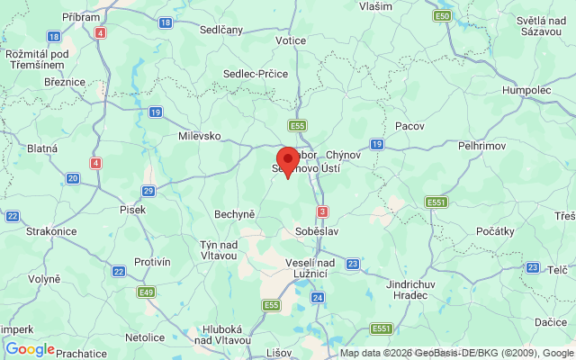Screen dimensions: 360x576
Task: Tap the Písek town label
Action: click(x=132, y=209)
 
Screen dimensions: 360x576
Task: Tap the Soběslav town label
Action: click(x=315, y=231)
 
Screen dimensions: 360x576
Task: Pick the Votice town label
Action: click(x=292, y=40)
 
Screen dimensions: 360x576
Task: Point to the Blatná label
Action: click(x=42, y=148)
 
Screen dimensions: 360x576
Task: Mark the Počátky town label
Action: click(x=495, y=231)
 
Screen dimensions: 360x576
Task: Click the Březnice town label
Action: click(x=65, y=82)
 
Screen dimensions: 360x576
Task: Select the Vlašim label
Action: click(x=375, y=5)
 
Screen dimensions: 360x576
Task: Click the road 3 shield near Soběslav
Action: click(x=321, y=211)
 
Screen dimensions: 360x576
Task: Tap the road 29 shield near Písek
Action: click(x=148, y=190)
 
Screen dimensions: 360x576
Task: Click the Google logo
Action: click(x=30, y=349)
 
